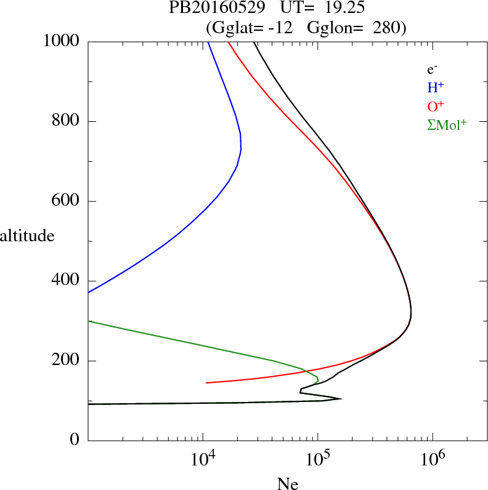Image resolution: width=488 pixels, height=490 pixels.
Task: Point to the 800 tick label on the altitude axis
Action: point(65,121)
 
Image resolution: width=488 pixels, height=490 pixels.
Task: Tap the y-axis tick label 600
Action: point(65,201)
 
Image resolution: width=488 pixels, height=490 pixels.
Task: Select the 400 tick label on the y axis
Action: point(65,281)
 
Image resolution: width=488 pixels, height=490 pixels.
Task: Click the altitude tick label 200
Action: point(65,361)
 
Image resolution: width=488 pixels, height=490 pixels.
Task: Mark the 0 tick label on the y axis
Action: point(75,440)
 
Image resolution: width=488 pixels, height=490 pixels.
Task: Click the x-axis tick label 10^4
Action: point(203,460)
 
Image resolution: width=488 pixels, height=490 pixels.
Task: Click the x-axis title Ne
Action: point(287,483)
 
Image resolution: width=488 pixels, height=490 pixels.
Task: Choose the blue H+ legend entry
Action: point(436,87)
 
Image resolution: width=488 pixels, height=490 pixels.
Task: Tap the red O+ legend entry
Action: point(436,105)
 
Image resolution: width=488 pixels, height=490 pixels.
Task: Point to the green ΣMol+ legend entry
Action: point(447,124)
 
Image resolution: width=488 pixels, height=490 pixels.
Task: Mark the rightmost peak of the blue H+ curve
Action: point(241,148)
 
